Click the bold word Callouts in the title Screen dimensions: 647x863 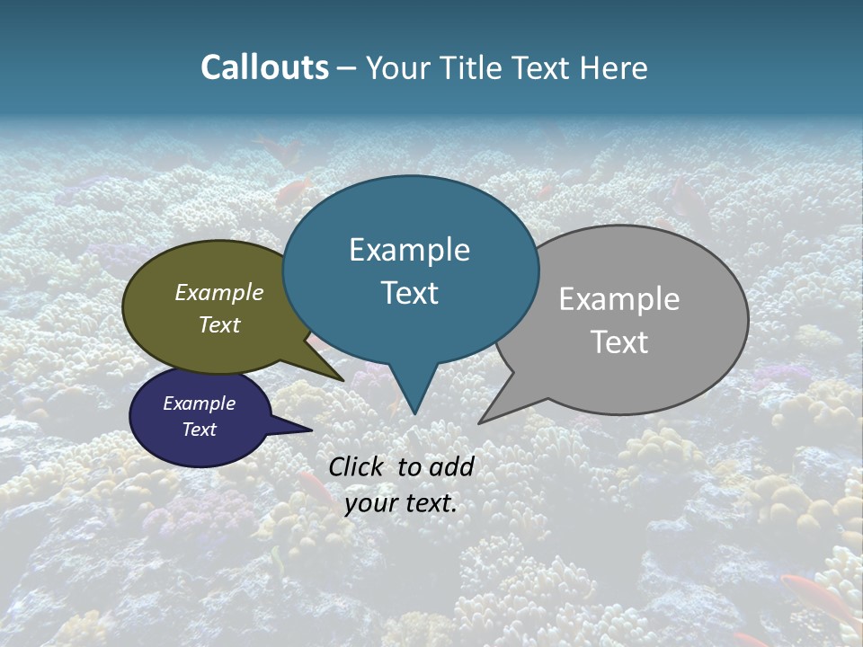pos(264,67)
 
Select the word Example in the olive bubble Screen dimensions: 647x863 pos(219,292)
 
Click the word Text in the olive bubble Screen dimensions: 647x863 pos(219,324)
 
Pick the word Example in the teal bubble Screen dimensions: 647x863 pos(409,250)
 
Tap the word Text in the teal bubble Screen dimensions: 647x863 pos(410,293)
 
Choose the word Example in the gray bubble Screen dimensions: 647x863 pos(619,299)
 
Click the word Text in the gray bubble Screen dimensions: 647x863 pos(619,342)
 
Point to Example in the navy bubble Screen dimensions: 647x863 pos(199,403)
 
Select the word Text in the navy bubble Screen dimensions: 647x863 pos(199,430)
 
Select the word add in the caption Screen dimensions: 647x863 pos(452,466)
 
